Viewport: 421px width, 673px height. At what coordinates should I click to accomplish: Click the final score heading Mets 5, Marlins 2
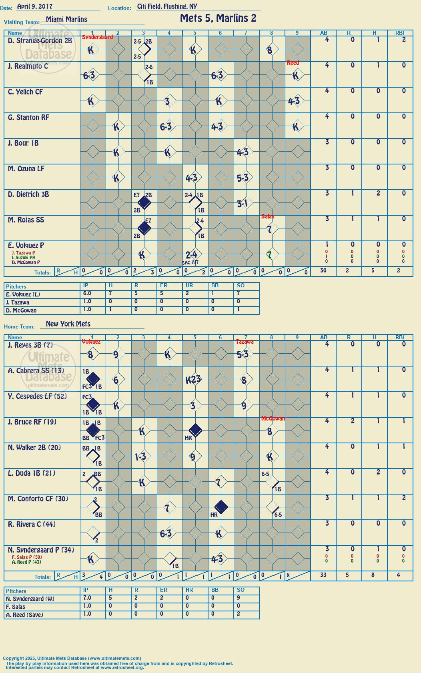pos(218,19)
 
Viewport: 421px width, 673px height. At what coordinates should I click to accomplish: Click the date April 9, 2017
pos(34,6)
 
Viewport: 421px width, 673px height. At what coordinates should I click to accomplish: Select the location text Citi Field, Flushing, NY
pos(167,6)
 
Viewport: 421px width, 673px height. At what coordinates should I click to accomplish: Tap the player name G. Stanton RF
pos(28,118)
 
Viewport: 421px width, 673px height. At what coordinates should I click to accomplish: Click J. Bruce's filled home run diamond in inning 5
pos(196,430)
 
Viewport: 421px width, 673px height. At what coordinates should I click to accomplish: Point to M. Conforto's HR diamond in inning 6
pos(221,507)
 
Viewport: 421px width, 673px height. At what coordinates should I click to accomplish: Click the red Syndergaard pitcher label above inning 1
pos(97,37)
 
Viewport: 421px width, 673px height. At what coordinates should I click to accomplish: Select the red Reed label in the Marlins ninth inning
pos(293,63)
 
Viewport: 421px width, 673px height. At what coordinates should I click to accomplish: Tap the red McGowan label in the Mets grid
pos(273,419)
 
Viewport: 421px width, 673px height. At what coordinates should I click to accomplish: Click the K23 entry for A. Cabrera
pos(193,380)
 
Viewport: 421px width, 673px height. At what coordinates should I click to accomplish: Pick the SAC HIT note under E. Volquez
pos(190,262)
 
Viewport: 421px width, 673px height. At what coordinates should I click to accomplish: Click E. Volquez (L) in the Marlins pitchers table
pos(23,294)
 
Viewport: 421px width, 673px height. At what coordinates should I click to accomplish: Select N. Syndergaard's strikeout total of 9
pos(238,598)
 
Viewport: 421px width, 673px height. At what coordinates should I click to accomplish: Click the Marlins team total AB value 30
pos(323,270)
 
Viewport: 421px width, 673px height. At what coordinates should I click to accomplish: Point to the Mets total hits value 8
pos(373,575)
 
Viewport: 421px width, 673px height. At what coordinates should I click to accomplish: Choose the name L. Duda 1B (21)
pos(32,473)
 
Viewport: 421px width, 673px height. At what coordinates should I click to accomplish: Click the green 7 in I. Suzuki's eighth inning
pos(270,255)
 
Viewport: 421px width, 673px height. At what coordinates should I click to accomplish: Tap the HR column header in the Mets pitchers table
pos(189,590)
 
